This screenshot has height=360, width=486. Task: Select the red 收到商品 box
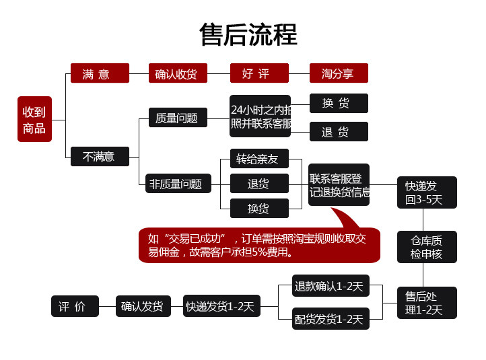click(x=34, y=120)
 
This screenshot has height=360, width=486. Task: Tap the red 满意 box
click(x=100, y=73)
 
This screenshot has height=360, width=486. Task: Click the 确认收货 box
click(x=178, y=73)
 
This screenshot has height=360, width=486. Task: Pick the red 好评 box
click(x=259, y=73)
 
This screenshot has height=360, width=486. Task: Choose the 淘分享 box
click(x=339, y=73)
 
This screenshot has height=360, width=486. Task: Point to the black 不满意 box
click(x=100, y=156)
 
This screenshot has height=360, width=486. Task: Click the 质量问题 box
click(x=178, y=118)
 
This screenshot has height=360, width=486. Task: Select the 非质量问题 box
click(x=178, y=183)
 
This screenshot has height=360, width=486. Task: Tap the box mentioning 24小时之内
click(x=260, y=116)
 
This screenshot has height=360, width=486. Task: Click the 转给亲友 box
click(x=259, y=159)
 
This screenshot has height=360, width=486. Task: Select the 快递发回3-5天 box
click(x=426, y=192)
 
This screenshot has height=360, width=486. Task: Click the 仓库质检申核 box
click(x=426, y=247)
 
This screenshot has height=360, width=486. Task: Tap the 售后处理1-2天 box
click(x=426, y=303)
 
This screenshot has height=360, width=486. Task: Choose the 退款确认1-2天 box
click(x=329, y=286)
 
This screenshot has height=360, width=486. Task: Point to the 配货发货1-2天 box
click(x=329, y=319)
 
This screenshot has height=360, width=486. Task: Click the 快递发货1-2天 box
click(x=221, y=306)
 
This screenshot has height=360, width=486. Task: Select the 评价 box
click(x=75, y=306)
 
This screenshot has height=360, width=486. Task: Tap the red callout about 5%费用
click(x=259, y=245)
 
